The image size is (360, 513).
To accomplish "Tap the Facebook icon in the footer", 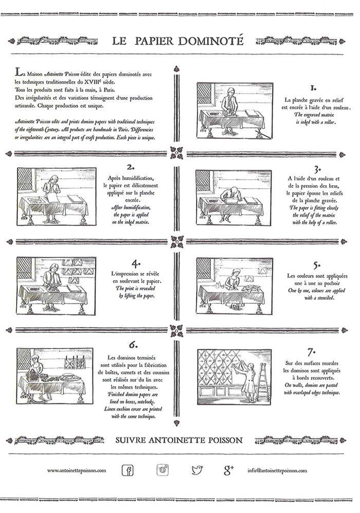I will (128, 470).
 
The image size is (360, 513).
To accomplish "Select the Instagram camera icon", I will (163, 470).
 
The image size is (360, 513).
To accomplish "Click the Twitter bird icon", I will (197, 470).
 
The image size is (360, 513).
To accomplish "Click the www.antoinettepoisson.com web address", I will (76, 470).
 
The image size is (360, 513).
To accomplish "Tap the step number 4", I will (135, 263).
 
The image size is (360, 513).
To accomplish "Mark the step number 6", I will (133, 345).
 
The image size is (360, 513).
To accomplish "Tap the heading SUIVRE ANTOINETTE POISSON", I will (179, 440).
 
